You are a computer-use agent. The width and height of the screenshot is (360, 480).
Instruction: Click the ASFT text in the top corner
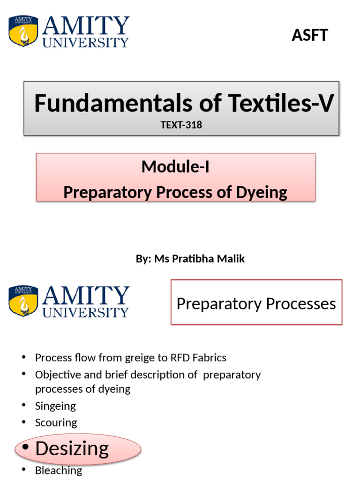pyautogui.click(x=309, y=35)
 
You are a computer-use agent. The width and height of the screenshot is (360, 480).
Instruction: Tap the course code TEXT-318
pyautogui.click(x=181, y=125)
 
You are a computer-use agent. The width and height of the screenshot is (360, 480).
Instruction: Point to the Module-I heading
pyautogui.click(x=175, y=166)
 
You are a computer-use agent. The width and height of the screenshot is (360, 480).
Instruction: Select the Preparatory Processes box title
pyautogui.click(x=256, y=304)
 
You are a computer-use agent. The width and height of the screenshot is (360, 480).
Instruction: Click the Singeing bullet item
pyautogui.click(x=55, y=405)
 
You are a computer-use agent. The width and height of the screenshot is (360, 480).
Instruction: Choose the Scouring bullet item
pyautogui.click(x=56, y=422)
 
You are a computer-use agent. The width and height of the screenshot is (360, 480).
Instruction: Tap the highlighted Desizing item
pyautogui.click(x=72, y=449)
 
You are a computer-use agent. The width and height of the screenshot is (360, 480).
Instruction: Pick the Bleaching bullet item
pyautogui.click(x=59, y=470)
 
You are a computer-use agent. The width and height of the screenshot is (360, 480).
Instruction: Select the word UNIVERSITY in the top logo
pyautogui.click(x=85, y=42)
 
